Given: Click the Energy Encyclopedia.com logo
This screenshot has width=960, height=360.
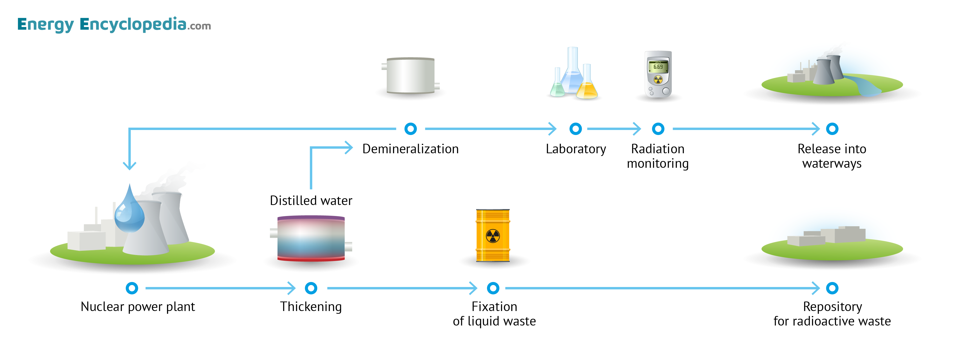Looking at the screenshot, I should coord(114,24).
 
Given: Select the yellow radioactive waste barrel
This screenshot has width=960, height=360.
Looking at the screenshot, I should coord(493,235).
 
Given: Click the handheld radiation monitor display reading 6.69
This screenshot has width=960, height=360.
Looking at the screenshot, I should coord(658,67).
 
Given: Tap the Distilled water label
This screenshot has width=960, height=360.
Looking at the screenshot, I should coord(311,201).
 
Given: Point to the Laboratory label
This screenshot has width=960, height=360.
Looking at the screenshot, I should coord(576,149).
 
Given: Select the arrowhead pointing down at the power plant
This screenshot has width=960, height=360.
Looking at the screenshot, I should coord(129,166).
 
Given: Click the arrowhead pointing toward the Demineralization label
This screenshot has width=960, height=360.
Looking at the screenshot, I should coord(349,147).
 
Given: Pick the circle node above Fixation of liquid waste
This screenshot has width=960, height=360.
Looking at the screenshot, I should coord(493,288).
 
